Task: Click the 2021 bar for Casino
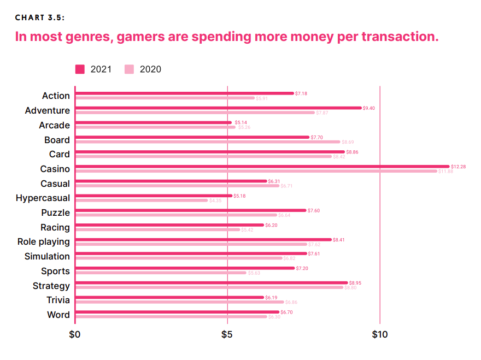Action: (x=262, y=166)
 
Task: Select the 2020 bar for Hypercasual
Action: (x=142, y=200)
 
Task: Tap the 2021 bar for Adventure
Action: (x=219, y=108)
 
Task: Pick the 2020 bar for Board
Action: (x=208, y=142)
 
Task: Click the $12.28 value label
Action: (x=458, y=166)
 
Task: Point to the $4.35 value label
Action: (x=215, y=200)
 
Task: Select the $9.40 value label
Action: (x=369, y=108)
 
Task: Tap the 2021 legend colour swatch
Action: (x=80, y=69)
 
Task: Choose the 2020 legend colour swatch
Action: (x=130, y=69)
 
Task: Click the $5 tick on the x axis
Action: (x=227, y=334)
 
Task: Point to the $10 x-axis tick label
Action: (x=379, y=334)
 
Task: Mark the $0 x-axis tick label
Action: (x=75, y=334)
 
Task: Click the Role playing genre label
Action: (x=44, y=241)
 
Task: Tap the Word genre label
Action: (x=58, y=315)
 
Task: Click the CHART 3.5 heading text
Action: (x=40, y=17)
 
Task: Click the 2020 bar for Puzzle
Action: (x=176, y=215)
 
